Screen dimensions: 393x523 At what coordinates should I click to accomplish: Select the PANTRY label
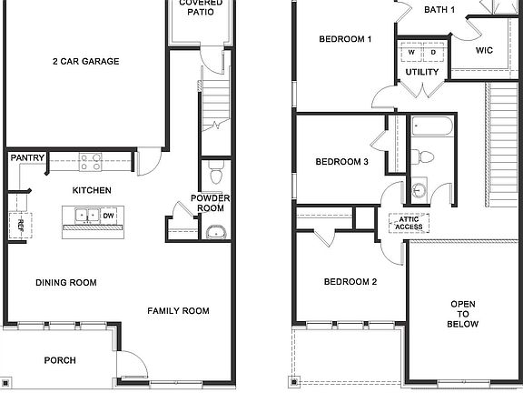point(28,158)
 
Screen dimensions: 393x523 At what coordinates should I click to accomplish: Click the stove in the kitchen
point(91,162)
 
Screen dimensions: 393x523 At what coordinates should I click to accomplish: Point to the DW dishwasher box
point(108,216)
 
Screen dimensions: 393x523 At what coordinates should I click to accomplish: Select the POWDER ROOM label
point(211,203)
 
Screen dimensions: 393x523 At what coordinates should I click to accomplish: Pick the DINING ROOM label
point(66,283)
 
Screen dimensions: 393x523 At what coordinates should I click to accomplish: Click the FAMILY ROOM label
point(179,311)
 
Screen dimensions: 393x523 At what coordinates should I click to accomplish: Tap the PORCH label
point(60,361)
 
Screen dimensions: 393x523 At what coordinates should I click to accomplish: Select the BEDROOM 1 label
point(345,39)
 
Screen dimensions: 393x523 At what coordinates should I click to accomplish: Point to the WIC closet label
point(485,50)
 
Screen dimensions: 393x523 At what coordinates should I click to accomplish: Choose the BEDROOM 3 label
point(341,162)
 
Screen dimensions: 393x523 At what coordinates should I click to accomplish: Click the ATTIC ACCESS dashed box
point(409,222)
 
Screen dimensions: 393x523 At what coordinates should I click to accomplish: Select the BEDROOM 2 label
point(350,282)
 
